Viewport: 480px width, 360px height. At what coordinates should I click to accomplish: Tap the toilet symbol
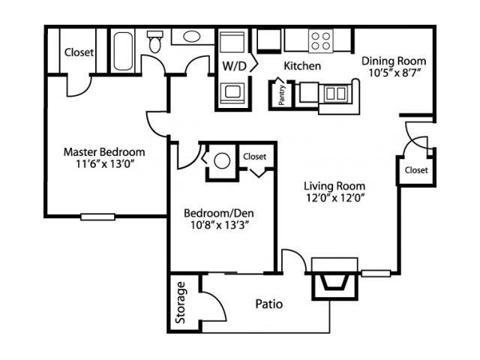(155, 42)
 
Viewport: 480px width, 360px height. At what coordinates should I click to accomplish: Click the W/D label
(233, 66)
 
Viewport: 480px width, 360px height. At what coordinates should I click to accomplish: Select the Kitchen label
(302, 66)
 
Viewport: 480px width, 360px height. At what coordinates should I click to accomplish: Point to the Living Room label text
(334, 186)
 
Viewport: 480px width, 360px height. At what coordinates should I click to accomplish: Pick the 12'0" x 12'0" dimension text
(334, 199)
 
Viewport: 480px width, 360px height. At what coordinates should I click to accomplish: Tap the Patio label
(268, 304)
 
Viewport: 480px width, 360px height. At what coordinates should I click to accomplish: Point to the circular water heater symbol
(222, 161)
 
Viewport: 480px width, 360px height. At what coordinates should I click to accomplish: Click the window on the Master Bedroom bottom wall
(98, 217)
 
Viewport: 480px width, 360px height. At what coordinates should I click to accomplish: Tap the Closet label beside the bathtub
(78, 52)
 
